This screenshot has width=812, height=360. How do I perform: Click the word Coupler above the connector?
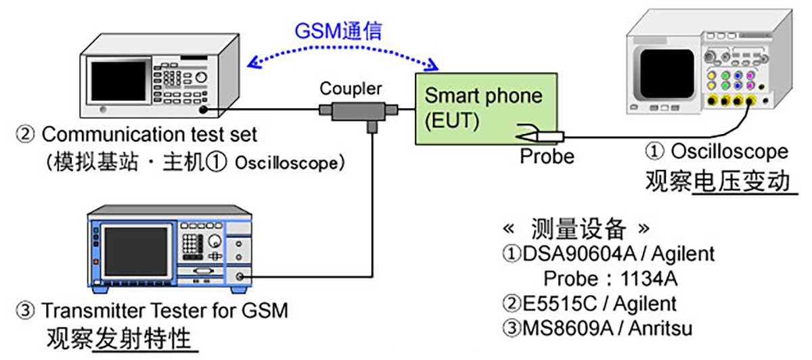coord(351,88)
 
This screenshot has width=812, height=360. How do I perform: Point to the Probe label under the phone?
coord(547,156)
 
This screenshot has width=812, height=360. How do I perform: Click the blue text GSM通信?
coord(338,30)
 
